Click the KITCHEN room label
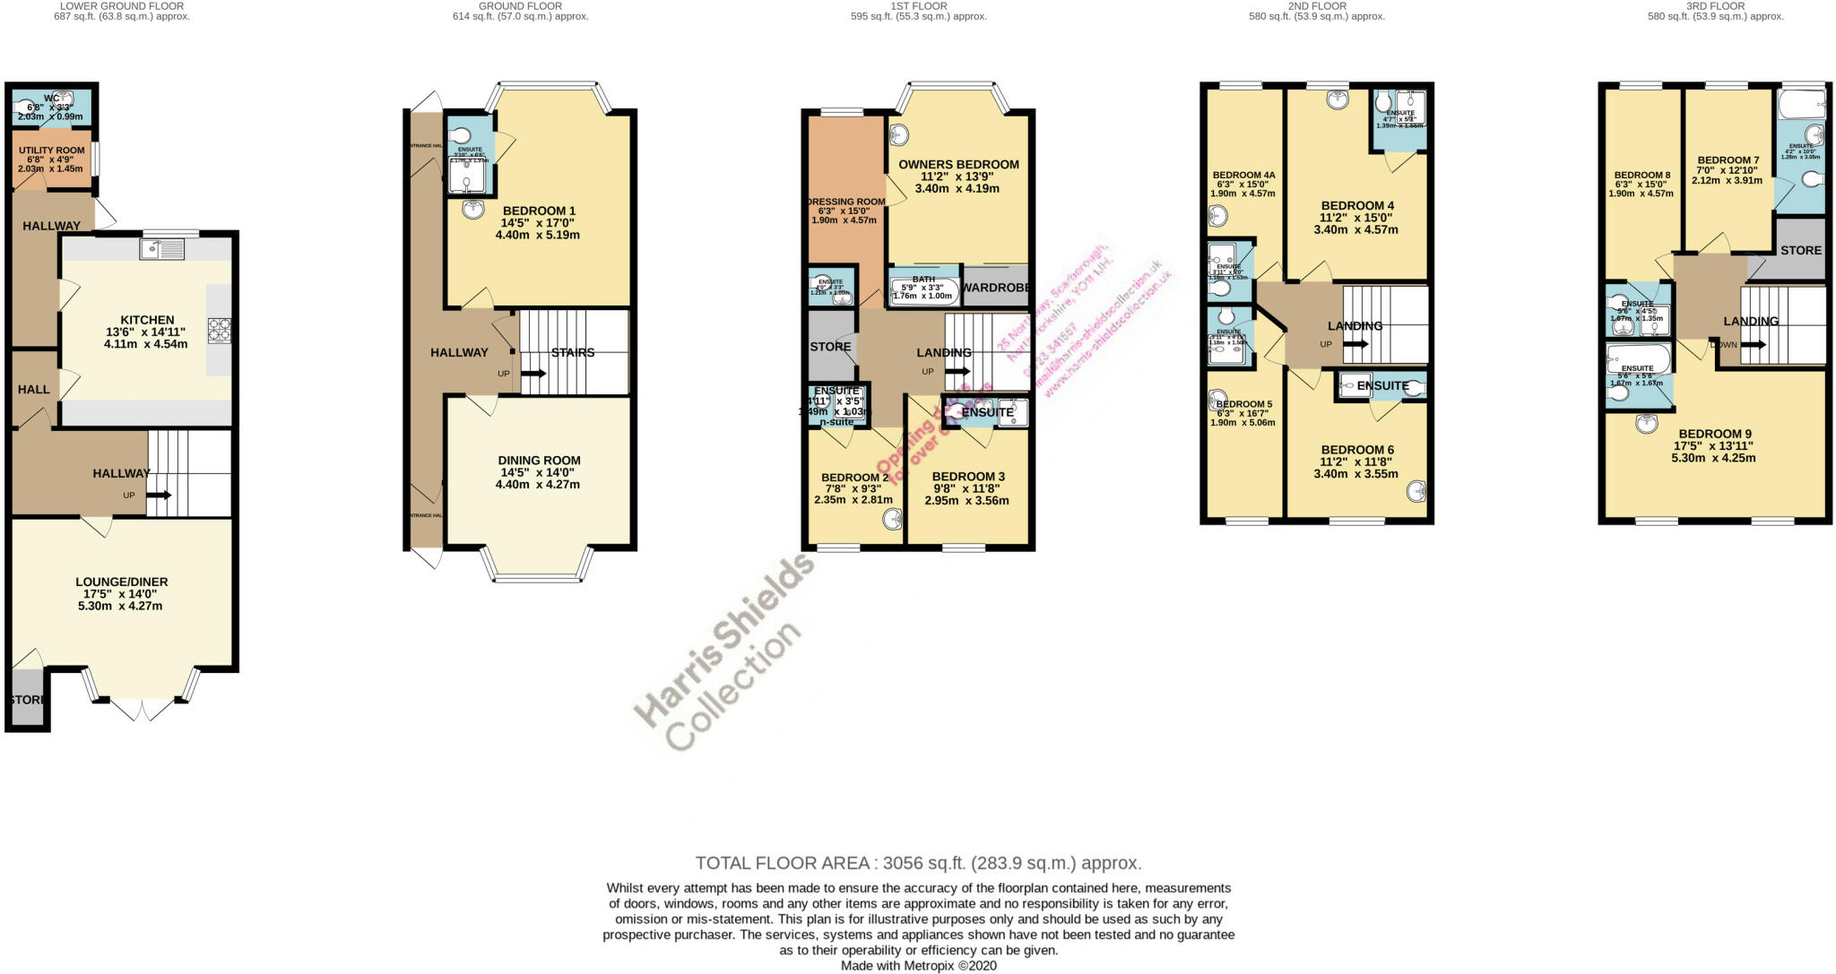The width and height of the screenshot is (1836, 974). coord(147,320)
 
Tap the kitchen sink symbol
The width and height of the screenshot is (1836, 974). coord(162,248)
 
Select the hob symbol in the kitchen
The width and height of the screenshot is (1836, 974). coord(219,331)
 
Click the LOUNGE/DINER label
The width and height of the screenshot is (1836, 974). coord(121,582)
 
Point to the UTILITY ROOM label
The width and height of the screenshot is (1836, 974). coord(51,151)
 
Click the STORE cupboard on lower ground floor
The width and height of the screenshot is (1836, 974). coord(27,699)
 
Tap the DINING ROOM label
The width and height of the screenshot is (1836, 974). coord(539,461)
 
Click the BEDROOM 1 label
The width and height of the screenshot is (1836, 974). coord(539,211)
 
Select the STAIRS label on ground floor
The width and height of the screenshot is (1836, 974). coord(573,352)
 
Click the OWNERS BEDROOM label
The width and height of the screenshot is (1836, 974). coord(958,165)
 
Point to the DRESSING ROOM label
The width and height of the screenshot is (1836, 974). coord(846,202)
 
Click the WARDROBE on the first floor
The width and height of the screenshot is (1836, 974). coord(995,288)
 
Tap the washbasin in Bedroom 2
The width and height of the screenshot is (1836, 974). coord(892,519)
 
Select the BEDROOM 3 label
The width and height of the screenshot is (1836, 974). coord(968,477)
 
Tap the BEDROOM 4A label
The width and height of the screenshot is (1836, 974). coord(1243,176)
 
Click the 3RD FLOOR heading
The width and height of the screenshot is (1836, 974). coord(1715,5)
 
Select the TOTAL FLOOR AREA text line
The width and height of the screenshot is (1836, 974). coord(918,863)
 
